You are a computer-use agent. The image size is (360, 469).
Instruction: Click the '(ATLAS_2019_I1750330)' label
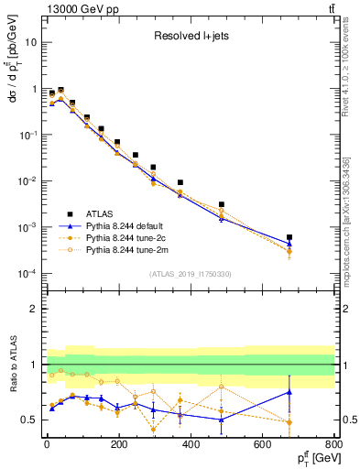[190, 273]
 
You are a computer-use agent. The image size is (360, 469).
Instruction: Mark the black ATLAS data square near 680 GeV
[289, 237]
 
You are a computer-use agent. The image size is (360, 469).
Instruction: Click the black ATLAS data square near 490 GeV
[222, 204]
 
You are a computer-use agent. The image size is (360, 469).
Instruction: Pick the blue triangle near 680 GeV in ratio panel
[289, 392]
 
